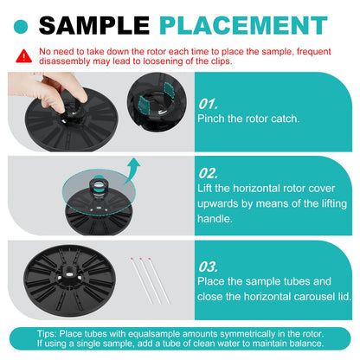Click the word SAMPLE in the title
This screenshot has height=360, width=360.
pyautogui.click(x=94, y=25)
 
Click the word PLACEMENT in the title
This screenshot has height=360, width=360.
pyautogui.click(x=243, y=25)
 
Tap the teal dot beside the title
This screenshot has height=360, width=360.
pyautogui.click(x=21, y=27)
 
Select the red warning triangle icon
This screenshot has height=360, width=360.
pyautogui.click(x=23, y=56)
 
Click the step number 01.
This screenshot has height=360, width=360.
pyautogui.click(x=208, y=104)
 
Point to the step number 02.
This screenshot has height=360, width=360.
pyautogui.click(x=208, y=173)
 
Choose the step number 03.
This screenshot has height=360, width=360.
pyautogui.click(x=208, y=267)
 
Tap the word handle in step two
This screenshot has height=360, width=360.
pyautogui.click(x=215, y=219)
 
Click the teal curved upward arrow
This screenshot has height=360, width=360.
pyautogui.click(x=132, y=171)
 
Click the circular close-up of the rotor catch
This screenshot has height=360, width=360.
pyautogui.click(x=157, y=102)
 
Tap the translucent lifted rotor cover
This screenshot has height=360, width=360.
pyautogui.click(x=99, y=192)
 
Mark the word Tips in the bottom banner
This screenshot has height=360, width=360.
pyautogui.click(x=46, y=334)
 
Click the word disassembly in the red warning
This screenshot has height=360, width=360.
pyautogui.click(x=64, y=61)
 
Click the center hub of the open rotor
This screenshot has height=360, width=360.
pyautogui.click(x=69, y=273)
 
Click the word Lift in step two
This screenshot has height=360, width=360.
pyautogui.click(x=205, y=189)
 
